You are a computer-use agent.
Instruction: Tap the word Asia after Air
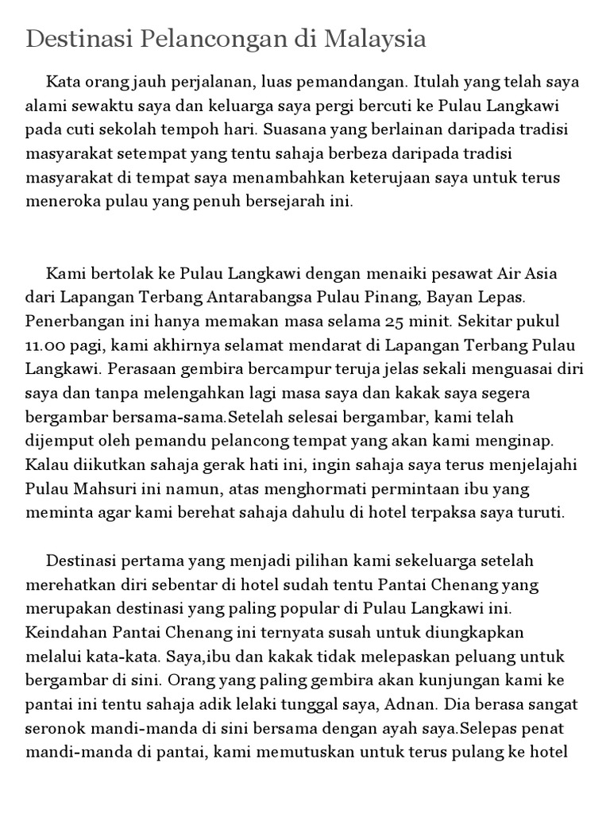click(x=539, y=274)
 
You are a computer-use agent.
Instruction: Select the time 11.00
click(x=46, y=345)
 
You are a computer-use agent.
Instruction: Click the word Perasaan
click(x=136, y=369)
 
